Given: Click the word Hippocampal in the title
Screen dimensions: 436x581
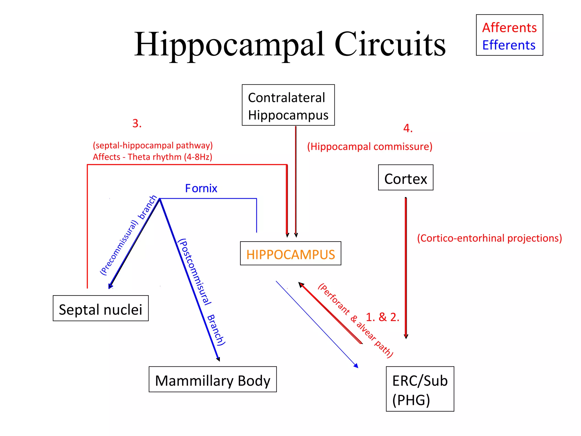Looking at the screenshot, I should pos(229,45).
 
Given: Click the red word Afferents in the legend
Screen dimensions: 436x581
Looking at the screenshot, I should pos(509,28).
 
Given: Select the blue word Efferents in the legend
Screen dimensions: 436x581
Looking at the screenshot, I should pos(509,45).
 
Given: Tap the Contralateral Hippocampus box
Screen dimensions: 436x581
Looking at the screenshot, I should pos(288,105).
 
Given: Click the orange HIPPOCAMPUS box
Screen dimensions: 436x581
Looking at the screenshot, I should pos(290,253).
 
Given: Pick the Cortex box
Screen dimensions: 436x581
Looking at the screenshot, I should pos(405,178).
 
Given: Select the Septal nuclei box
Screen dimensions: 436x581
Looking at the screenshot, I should pos(100,309).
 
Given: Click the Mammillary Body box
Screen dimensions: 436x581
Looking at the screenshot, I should pos(212,380).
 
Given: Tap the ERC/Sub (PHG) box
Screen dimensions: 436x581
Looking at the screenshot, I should pos(420,389).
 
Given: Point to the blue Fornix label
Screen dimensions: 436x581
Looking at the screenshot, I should pos(201,188).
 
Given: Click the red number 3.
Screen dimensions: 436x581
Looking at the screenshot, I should pos(137,123).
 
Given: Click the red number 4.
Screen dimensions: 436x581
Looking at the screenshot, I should pos(408,128).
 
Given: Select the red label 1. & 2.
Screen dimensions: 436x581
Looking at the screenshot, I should pos(382,317).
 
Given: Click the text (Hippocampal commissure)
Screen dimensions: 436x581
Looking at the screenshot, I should pos(369,146).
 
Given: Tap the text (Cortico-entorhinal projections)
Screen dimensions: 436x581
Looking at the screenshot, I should pos(489,238).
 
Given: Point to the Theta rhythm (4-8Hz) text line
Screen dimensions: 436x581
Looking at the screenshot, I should pos(152,157).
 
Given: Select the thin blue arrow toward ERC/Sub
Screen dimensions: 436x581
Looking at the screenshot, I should pos(316,324).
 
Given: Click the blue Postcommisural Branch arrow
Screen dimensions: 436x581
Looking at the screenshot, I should pos(189,278).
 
